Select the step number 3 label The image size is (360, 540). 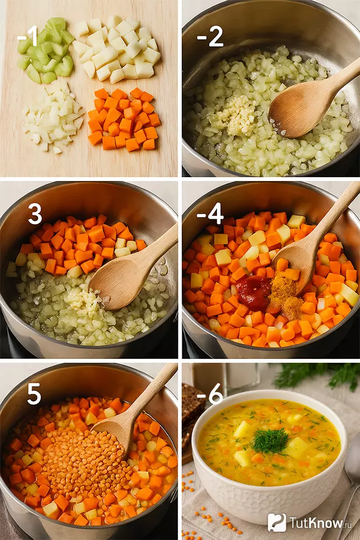click(x=35, y=214)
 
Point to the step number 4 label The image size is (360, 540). click(x=210, y=214)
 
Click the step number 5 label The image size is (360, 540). click(x=34, y=394)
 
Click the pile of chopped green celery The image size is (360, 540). click(x=46, y=50)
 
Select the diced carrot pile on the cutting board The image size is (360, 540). click(x=124, y=120)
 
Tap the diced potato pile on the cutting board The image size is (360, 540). click(x=116, y=49)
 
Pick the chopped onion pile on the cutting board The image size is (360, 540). click(x=53, y=117)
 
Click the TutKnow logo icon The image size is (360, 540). click(x=277, y=522)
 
